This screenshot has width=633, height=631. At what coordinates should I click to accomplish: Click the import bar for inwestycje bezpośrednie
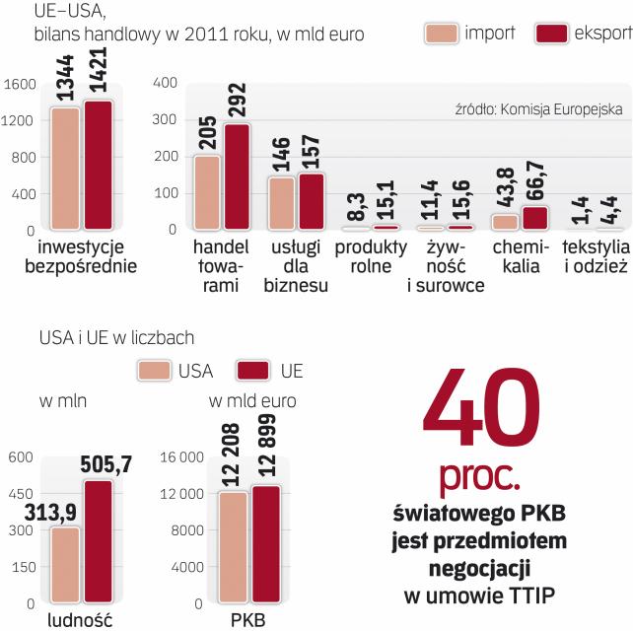tap(65, 168)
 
